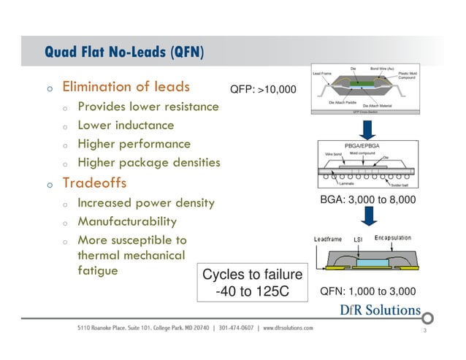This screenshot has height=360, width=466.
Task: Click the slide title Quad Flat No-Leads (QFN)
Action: pos(124,53)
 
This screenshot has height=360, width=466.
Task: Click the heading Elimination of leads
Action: pos(126,87)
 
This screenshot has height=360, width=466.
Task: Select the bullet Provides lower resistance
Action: pos(148,107)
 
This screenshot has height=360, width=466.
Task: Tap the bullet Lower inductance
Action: pos(126,126)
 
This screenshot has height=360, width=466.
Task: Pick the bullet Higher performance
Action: pos(134,144)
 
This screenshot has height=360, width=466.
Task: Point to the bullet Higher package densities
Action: pos(148,163)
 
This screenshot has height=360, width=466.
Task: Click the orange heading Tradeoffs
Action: pos(95,182)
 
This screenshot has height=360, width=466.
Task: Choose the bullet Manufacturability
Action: pos(127,221)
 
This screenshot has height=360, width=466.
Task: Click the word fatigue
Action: pos(98,270)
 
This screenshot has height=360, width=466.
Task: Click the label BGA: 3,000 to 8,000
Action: pos(368,199)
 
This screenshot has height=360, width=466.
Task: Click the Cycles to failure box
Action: pos(252,283)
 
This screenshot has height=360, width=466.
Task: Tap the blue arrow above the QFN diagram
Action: pos(370,217)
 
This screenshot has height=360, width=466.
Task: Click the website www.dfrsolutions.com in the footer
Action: pos(289,328)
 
